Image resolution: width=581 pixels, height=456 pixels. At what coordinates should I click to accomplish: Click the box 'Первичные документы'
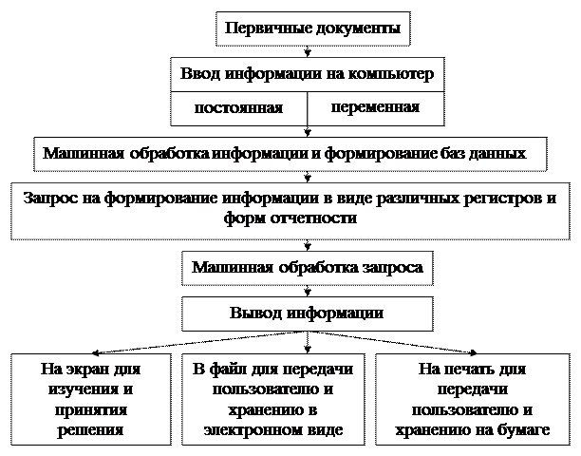312,28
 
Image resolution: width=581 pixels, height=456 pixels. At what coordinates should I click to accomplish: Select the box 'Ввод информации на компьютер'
307,73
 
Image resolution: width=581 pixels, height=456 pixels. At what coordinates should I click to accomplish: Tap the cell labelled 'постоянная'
238,107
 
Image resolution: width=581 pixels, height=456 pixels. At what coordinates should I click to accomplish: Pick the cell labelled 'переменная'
375,106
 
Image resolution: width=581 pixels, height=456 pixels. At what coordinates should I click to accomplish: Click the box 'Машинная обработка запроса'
307,268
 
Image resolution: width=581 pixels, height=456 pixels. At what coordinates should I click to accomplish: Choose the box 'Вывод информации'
307,313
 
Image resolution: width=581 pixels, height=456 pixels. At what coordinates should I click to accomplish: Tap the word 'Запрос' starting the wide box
47,199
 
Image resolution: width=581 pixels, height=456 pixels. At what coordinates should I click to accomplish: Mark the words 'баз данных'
497,152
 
